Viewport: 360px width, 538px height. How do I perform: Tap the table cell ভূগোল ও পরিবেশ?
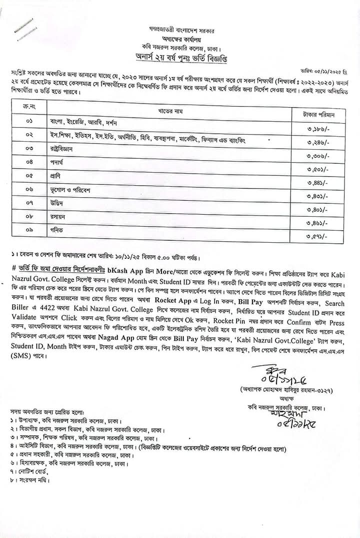coord(63,190)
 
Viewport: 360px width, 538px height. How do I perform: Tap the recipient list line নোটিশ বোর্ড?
coord(29,471)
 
